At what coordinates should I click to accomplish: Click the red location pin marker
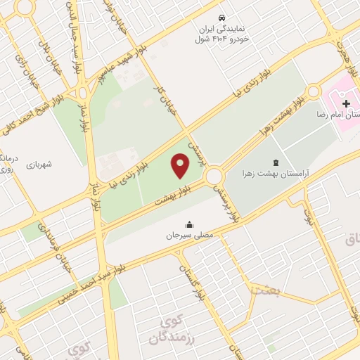[181, 165]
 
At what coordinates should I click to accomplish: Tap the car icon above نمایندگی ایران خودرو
[221, 15]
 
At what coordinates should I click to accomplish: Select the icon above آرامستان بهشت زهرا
[274, 162]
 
